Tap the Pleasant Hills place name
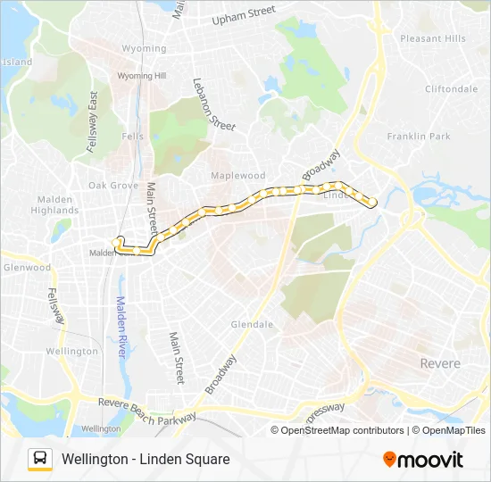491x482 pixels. pyautogui.click(x=433, y=39)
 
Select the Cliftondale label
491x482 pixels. pyautogui.click(x=451, y=89)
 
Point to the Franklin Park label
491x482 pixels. pyautogui.click(x=419, y=137)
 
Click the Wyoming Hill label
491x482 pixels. pyautogui.click(x=142, y=77)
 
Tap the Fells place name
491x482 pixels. pyautogui.click(x=132, y=137)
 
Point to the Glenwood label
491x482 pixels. pyautogui.click(x=27, y=267)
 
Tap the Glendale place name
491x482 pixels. pyautogui.click(x=252, y=325)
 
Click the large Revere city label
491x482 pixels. pyautogui.click(x=440, y=363)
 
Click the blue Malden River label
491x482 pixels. pyautogui.click(x=121, y=326)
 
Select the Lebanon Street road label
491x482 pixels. pyautogui.click(x=213, y=104)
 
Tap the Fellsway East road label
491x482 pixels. pyautogui.click(x=92, y=124)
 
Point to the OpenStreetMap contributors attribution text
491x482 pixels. pyautogui.click(x=342, y=430)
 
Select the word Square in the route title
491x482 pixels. pyautogui.click(x=205, y=459)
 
